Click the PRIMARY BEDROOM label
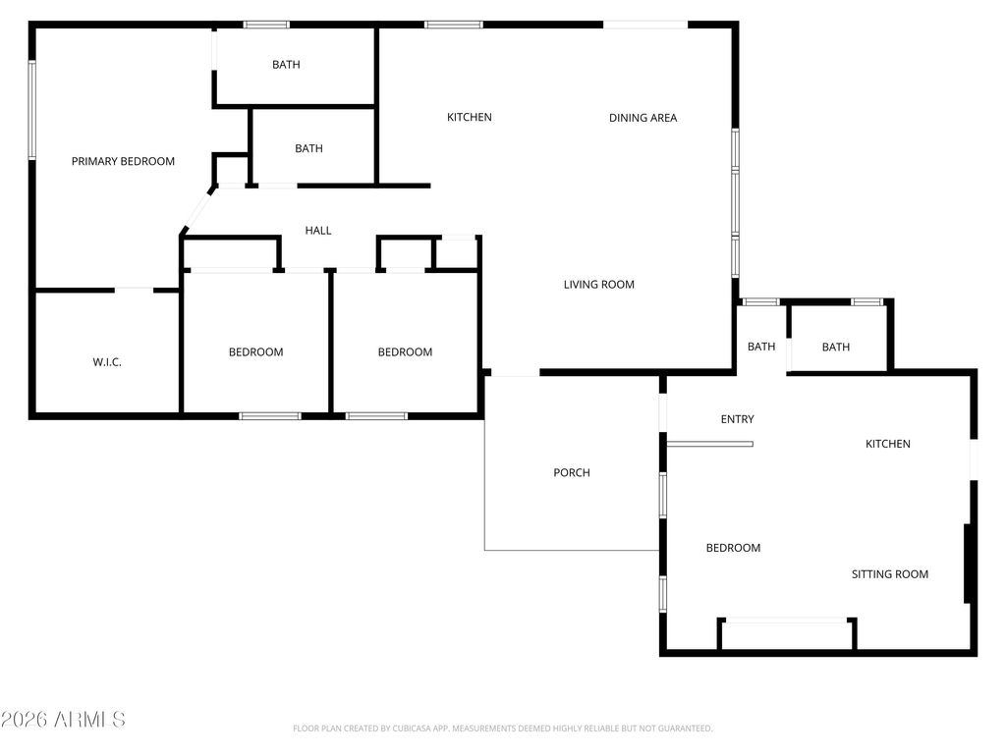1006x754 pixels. pyautogui.click(x=123, y=161)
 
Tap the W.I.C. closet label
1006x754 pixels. pyautogui.click(x=107, y=362)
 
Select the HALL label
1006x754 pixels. pyautogui.click(x=318, y=231)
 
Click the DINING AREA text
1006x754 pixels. pyautogui.click(x=643, y=118)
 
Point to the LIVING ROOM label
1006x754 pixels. pyautogui.click(x=598, y=285)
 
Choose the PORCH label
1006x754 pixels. pyautogui.click(x=572, y=473)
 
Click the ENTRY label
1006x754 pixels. pyautogui.click(x=737, y=419)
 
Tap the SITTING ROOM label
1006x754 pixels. pyautogui.click(x=889, y=574)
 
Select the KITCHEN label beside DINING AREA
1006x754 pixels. pyautogui.click(x=470, y=118)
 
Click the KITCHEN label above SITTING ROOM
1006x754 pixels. pyautogui.click(x=887, y=444)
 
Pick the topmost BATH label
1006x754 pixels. pyautogui.click(x=286, y=65)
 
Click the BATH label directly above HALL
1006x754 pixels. pyautogui.click(x=308, y=149)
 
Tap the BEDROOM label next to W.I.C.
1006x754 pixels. pyautogui.click(x=255, y=352)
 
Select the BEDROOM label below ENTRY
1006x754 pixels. pyautogui.click(x=733, y=548)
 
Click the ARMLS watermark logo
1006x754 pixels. pyautogui.click(x=64, y=720)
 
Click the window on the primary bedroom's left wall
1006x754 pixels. pyautogui.click(x=31, y=109)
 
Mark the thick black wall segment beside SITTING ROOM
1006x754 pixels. pyautogui.click(x=968, y=563)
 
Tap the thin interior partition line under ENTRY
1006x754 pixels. pyautogui.click(x=709, y=444)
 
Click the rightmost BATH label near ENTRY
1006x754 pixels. pyautogui.click(x=835, y=347)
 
